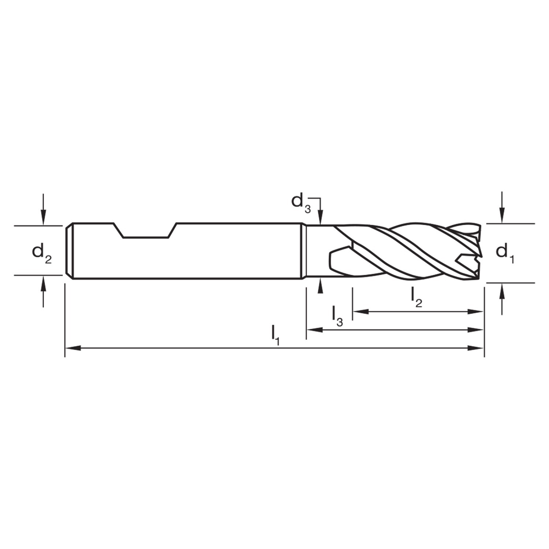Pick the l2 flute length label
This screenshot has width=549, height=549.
point(417,297)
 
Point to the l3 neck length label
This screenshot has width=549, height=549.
point(337,316)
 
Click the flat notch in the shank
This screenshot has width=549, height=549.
point(145,231)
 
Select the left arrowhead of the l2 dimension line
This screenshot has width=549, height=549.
point(360,311)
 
